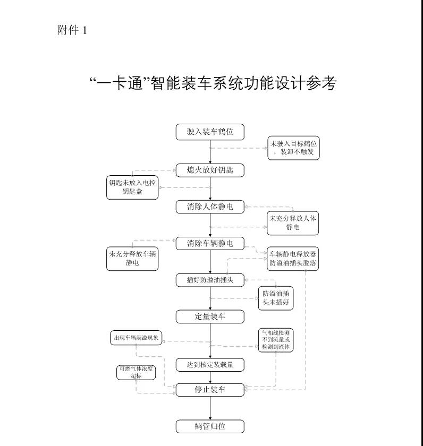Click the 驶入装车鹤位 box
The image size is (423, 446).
pyautogui.click(x=210, y=132)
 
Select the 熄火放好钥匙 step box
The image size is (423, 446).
pyautogui.click(x=210, y=170)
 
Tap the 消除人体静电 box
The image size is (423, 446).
pyautogui.click(x=210, y=207)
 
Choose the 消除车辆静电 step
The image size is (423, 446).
pyautogui.click(x=210, y=244)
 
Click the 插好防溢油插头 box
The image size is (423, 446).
pyautogui.click(x=210, y=280)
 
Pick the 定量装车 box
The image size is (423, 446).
pyautogui.click(x=210, y=316)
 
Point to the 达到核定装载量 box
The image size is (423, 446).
pyautogui.click(x=210, y=365)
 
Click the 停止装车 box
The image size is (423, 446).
pyautogui.click(x=210, y=390)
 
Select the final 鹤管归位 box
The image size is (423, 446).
pyautogui.click(x=210, y=426)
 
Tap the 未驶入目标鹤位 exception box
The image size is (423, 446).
pyautogui.click(x=293, y=148)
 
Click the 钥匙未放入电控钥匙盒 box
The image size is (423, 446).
pyautogui.click(x=132, y=187)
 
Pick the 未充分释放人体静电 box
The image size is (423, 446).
pyautogui.click(x=293, y=223)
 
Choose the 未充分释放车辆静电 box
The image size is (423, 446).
pyautogui.click(x=132, y=259)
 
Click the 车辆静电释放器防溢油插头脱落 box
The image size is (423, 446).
pyautogui.click(x=293, y=259)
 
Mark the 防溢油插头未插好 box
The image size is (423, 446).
pyautogui.click(x=276, y=298)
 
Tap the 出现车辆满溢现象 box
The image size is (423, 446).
pyautogui.click(x=136, y=338)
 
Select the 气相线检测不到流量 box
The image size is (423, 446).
pyautogui.click(x=276, y=340)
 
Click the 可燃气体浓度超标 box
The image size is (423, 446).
pyautogui.click(x=136, y=372)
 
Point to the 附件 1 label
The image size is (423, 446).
pyautogui.click(x=72, y=30)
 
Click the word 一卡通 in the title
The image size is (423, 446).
pyautogui.click(x=119, y=83)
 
